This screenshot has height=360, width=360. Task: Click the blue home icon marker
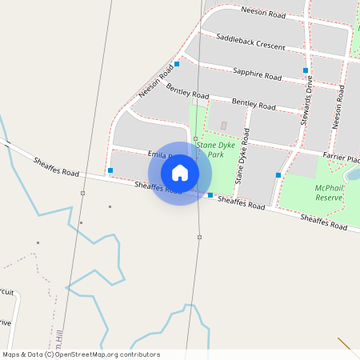[180, 172]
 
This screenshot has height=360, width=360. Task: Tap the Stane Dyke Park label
[215, 150]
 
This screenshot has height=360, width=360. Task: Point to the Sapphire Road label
[257, 74]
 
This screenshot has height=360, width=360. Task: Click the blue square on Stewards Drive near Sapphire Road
[306, 70]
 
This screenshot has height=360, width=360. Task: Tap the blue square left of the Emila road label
[110, 170]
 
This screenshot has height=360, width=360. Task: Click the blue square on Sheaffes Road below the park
[210, 195]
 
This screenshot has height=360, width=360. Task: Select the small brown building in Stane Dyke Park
[223, 126]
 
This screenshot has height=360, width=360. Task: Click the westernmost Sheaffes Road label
[56, 166]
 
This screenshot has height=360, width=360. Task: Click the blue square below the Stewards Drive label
[278, 174]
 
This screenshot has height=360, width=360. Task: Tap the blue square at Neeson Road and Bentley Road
[176, 63]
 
